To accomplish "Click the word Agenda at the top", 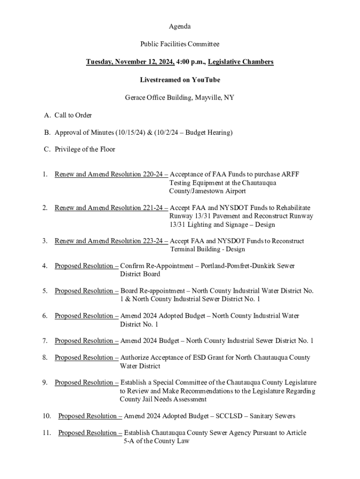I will tap(180, 27).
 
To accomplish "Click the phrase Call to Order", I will tap(73, 115).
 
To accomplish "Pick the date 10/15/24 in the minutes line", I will tap(132, 132).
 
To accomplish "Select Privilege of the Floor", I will tap(85, 150).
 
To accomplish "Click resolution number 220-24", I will tap(153, 174).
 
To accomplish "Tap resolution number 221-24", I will tap(153, 208).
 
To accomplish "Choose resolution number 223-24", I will tap(153, 241).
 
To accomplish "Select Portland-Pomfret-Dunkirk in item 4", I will tap(237, 266).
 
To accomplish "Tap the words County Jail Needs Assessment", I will tap(163, 399).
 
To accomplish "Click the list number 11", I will tap(46, 433).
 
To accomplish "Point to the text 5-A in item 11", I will tap(129, 441).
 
